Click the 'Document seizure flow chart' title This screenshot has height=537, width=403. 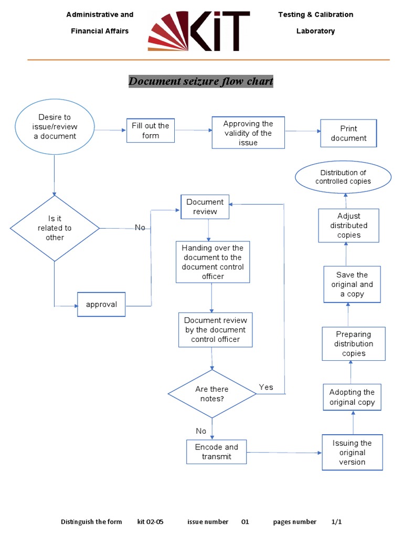201,81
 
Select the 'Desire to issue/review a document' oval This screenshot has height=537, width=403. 55,126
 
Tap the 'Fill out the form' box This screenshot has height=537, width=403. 151,131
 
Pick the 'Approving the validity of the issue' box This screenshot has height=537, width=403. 248,133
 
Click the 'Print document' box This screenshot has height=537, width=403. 348,133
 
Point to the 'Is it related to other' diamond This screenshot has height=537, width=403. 55,228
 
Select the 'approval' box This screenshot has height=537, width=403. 101,304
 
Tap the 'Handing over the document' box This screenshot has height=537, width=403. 213,262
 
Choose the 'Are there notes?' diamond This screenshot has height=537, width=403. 212,394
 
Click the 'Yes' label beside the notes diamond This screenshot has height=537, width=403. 266,387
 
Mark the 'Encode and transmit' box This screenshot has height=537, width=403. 216,452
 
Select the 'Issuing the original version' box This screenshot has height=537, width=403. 352,452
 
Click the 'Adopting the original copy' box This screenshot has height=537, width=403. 352,397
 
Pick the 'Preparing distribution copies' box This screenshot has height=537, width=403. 353,343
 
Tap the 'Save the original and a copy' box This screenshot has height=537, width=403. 352,284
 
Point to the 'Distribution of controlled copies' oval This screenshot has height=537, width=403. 343,177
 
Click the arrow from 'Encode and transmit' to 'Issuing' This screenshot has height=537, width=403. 283,452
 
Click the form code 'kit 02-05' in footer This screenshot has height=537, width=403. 151,522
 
